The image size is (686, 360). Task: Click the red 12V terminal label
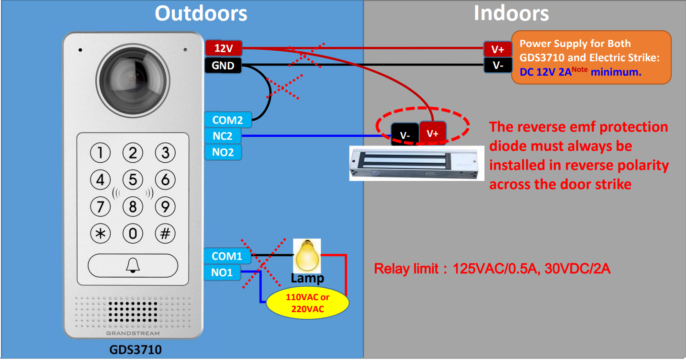pos(224,48)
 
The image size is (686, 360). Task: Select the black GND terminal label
pos(223,66)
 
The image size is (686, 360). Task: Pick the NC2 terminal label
pos(223,136)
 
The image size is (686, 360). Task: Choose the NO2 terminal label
pos(223,153)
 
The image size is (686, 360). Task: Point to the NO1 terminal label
pos(223,273)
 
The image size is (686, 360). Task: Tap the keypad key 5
pos(133,180)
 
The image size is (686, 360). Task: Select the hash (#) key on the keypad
pos(165,234)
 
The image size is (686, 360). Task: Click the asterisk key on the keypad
pos(101,234)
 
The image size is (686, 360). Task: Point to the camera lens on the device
pos(133,79)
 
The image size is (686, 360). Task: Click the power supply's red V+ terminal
pos(497,49)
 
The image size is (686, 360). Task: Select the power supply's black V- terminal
pos(497,66)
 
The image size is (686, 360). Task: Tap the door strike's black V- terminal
pos(405,135)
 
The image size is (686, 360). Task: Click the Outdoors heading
pos(201,13)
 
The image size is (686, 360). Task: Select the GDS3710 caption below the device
pos(135,350)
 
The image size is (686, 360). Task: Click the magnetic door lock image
pos(414,163)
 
